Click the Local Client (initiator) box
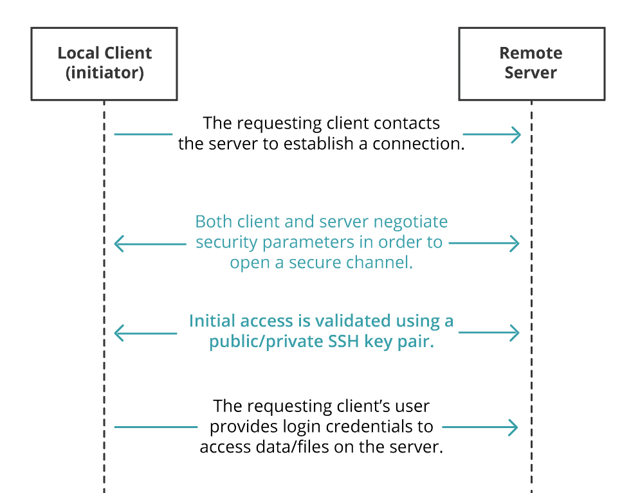[x=104, y=63]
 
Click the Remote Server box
[x=531, y=63]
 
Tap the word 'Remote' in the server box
[x=531, y=53]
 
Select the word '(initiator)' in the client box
[x=105, y=73]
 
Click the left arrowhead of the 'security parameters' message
[x=118, y=244]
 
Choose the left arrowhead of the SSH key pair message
[x=118, y=333]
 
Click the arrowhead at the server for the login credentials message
[x=515, y=427]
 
